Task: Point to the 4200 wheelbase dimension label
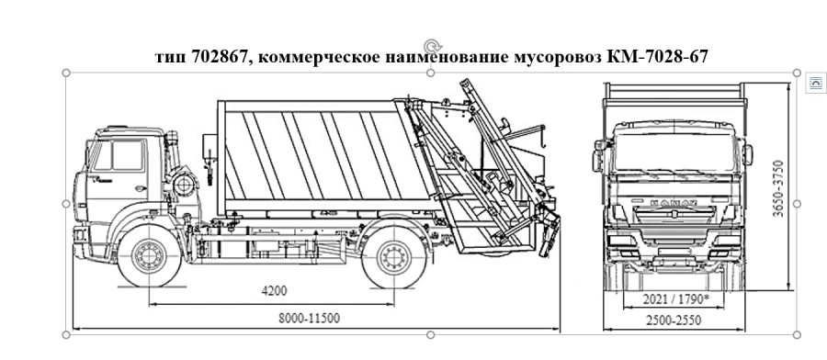[274, 291]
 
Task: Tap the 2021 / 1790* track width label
[677, 298]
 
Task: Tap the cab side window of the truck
[119, 156]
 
